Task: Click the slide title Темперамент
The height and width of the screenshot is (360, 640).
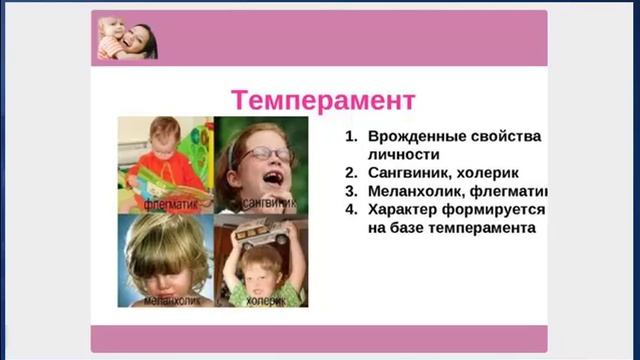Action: coord(323,100)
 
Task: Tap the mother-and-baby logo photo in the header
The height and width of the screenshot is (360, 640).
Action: coord(127,39)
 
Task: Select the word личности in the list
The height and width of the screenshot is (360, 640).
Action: coord(403,154)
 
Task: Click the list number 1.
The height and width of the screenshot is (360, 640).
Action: coord(350,135)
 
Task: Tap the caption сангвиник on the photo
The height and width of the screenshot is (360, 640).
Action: coord(267,201)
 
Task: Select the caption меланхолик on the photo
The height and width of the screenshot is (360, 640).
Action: coord(167,299)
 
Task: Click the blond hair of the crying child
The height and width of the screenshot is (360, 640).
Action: coord(165,240)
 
